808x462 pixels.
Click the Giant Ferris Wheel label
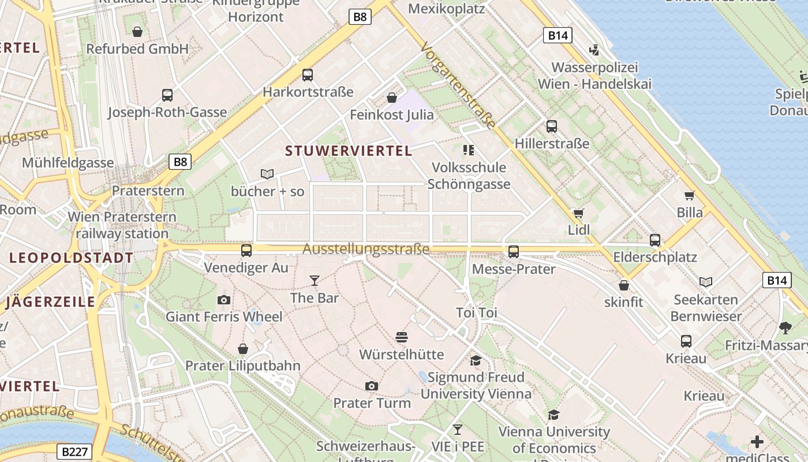pyautogui.click(x=224, y=316)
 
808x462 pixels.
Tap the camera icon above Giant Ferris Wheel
pyautogui.click(x=224, y=300)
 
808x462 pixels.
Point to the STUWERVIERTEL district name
pyautogui.click(x=349, y=151)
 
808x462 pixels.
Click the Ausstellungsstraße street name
pyautogui.click(x=366, y=249)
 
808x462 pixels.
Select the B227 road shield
pyautogui.click(x=75, y=452)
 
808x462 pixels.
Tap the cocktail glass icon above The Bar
pyautogui.click(x=314, y=281)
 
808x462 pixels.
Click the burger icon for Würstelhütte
pyautogui.click(x=402, y=337)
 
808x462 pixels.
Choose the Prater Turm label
pyautogui.click(x=372, y=403)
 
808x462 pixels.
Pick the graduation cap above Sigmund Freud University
pyautogui.click(x=476, y=361)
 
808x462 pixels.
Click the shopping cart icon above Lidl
pyautogui.click(x=578, y=213)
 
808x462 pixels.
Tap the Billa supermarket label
pyautogui.click(x=690, y=213)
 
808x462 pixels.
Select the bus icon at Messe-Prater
pyautogui.click(x=513, y=251)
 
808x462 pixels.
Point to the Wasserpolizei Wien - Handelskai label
pyautogui.click(x=594, y=76)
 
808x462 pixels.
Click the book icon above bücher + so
pyautogui.click(x=267, y=174)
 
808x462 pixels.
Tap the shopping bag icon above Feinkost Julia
pyautogui.click(x=392, y=98)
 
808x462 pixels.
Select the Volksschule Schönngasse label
pyautogui.click(x=469, y=176)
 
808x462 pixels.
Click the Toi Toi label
pyautogui.click(x=476, y=313)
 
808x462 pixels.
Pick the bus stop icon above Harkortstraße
pyautogui.click(x=308, y=74)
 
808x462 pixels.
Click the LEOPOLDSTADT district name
pyautogui.click(x=72, y=258)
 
